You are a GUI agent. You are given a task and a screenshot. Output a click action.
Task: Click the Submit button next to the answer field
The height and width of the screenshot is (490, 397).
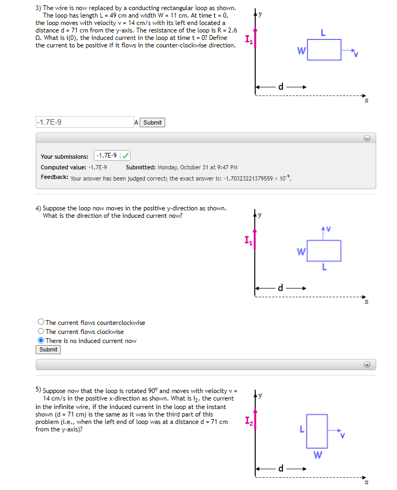pos(152,123)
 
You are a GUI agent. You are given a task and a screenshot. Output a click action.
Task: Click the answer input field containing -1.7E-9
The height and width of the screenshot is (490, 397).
pos(84,123)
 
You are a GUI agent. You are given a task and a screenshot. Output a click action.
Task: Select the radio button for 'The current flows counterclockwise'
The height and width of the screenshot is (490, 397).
pos(41,322)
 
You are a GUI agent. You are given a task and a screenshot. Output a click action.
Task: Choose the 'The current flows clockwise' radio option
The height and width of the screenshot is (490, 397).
pos(41,331)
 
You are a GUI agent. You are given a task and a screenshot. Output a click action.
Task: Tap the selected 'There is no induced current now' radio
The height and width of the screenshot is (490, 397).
pos(41,341)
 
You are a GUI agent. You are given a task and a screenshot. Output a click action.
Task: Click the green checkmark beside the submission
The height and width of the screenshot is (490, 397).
pos(126,156)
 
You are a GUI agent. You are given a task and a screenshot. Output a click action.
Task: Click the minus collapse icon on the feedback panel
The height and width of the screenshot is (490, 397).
pos(367,138)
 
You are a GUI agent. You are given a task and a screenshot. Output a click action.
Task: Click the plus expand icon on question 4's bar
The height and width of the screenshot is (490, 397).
pos(367,364)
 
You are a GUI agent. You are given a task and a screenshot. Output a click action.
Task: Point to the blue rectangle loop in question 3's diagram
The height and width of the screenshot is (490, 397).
pos(324,50)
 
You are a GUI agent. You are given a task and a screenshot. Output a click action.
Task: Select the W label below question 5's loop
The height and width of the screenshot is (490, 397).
pos(317,455)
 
